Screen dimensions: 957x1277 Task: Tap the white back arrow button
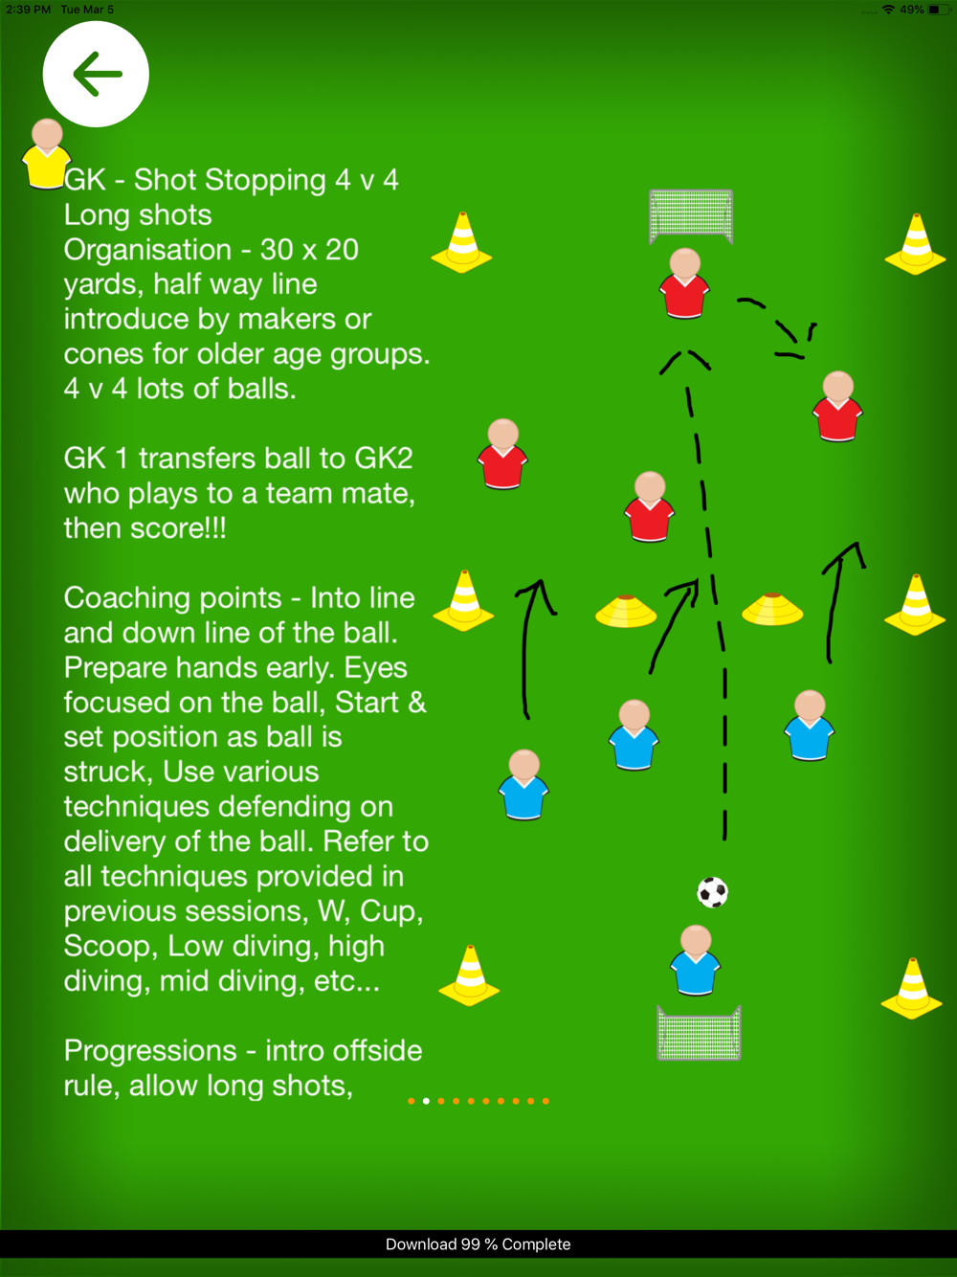pos(96,74)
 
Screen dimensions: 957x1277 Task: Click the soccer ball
pos(712,892)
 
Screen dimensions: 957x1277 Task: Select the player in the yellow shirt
pos(46,154)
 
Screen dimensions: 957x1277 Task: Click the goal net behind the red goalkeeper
pos(691,215)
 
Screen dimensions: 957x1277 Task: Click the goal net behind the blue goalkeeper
pos(699,1034)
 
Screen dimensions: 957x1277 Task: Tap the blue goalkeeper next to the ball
pos(696,960)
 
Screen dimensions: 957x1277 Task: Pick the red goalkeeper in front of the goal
pos(684,284)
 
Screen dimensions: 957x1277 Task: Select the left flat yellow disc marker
pos(626,611)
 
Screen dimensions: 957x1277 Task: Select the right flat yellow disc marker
pos(772,609)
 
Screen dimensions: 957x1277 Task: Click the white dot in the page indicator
pos(426,1101)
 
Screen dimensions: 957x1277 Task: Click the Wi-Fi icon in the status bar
pos(888,10)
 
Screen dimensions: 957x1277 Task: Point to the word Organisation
pos(147,250)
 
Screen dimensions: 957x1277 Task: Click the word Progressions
pos(150,1051)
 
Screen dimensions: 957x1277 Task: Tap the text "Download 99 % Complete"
pos(478,1243)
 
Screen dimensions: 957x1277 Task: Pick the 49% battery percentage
pos(911,10)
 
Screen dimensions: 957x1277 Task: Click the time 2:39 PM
pos(29,10)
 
